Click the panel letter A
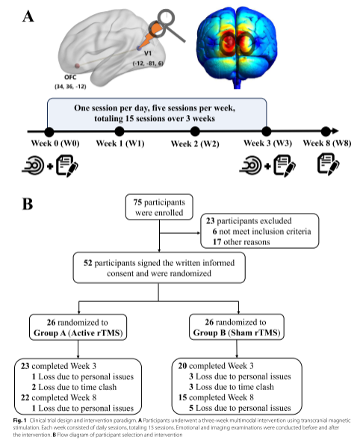point(28,16)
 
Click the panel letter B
point(28,204)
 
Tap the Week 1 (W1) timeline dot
point(120,131)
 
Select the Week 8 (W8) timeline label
point(327,143)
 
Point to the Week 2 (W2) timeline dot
point(195,131)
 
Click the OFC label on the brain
point(70,77)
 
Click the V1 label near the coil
point(148,53)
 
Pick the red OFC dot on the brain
point(77,66)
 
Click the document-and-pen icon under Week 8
point(329,164)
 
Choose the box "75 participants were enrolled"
point(159,207)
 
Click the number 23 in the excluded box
point(211,221)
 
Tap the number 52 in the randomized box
point(88,263)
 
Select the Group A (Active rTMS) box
point(78,327)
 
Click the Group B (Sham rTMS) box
point(237,327)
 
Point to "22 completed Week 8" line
point(58,397)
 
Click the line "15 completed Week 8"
point(216,397)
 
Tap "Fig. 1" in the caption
point(19,421)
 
